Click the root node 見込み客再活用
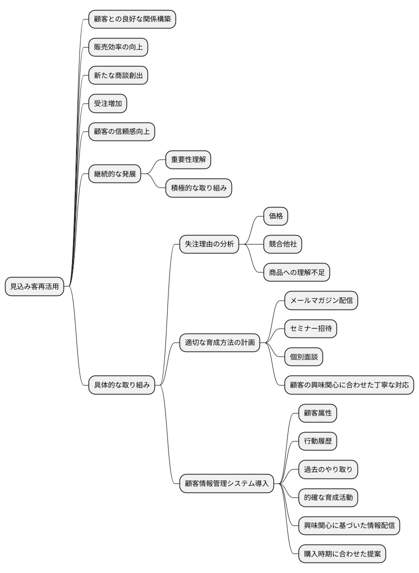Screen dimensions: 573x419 34,286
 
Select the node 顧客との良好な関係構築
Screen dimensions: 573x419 132,19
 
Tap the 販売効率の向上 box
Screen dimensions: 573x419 118,47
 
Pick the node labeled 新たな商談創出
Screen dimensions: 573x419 118,75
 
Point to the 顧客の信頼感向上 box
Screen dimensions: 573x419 121,132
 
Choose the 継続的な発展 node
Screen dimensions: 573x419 114,174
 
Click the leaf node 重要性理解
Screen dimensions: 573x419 188,160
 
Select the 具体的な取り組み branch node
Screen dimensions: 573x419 121,384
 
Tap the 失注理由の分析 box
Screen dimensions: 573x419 209,244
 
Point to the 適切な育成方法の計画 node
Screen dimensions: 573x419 219,343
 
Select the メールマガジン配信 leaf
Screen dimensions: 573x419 321,300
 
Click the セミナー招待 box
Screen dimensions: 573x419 310,328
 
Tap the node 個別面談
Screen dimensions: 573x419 303,357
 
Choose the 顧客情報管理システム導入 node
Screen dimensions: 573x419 226,483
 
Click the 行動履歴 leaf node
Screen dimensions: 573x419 317,441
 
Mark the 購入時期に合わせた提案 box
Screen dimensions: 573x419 342,554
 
